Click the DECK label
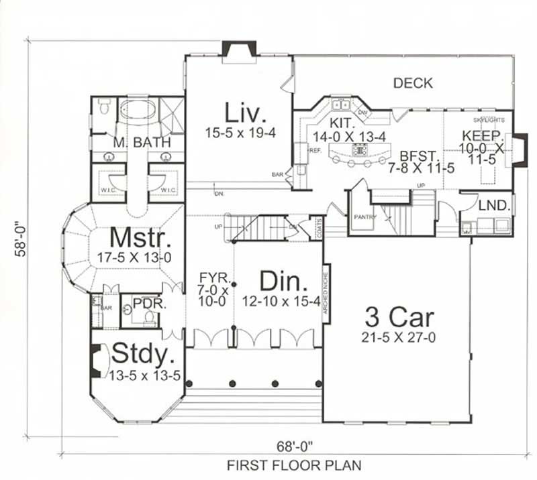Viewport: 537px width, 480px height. pos(413,83)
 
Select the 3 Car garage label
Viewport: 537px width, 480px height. pos(399,316)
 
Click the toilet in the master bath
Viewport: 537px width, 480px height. pos(104,107)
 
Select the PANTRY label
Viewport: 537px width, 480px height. pos(366,217)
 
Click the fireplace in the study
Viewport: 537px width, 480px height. pos(96,360)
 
